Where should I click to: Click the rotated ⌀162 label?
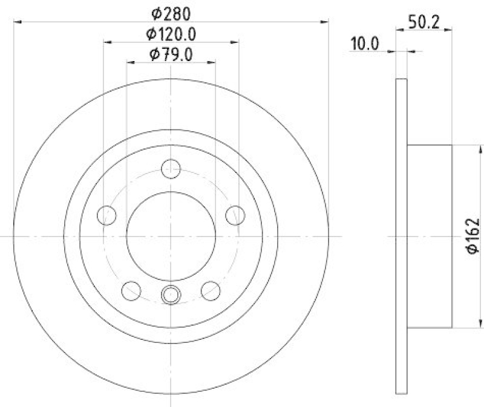coord(473,236)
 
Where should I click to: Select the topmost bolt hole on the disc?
coord(172,168)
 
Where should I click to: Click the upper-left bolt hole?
coord(106,214)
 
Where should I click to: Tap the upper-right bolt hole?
coord(235,214)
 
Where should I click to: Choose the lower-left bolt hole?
coord(131,290)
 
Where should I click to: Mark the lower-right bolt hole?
coord(211,290)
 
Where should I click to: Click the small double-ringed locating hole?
coord(171,295)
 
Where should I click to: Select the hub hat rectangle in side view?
coord(429,236)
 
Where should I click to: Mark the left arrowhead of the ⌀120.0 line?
coord(107,42)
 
